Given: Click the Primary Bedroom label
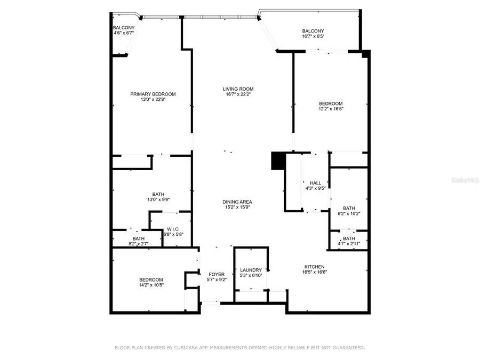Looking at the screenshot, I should (x=153, y=94).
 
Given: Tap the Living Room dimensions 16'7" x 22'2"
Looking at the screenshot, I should (x=238, y=94).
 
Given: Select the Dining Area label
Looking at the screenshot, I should (x=237, y=202).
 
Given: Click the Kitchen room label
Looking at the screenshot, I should (x=314, y=267).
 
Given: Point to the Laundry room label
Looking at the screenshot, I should (x=251, y=270).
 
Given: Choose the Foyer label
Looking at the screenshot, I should (x=216, y=274).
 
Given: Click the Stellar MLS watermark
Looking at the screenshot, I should (x=465, y=180).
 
